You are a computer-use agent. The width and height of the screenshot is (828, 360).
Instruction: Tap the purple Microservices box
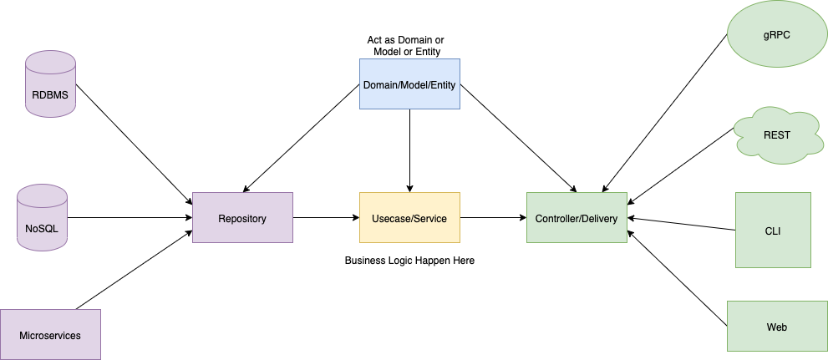(50, 334)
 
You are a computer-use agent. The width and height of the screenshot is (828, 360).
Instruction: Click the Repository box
(242, 218)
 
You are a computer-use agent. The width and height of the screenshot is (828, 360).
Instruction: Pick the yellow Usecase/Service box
(409, 218)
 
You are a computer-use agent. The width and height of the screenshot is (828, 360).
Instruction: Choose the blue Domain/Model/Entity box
(409, 84)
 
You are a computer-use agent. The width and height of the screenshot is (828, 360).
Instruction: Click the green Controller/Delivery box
(577, 218)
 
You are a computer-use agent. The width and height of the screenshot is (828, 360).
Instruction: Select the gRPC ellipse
(777, 34)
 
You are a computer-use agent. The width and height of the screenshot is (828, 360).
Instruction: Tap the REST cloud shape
(776, 134)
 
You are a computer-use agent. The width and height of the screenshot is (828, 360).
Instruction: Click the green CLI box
(773, 230)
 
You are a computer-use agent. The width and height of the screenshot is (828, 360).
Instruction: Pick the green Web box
(777, 326)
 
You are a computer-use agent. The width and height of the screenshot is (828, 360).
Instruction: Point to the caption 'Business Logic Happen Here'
(409, 261)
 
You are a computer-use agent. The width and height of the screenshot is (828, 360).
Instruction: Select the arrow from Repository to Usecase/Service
(326, 218)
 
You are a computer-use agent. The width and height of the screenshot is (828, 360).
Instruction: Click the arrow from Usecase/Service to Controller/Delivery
(493, 218)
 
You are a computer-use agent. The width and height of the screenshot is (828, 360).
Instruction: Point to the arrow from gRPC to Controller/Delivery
(664, 113)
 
